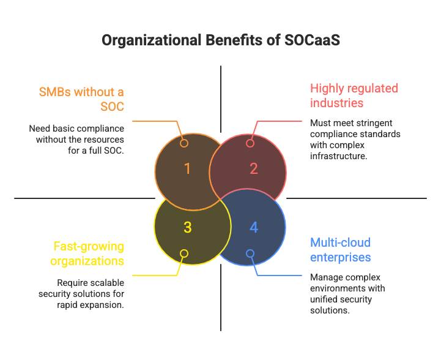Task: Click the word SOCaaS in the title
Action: [x=312, y=41]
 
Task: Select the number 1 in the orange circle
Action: [x=187, y=168]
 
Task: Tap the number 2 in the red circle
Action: [x=254, y=168]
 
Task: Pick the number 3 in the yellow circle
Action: [x=187, y=228]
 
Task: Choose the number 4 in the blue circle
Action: [x=254, y=228]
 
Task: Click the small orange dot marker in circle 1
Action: [x=184, y=143]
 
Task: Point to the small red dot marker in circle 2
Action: [x=250, y=143]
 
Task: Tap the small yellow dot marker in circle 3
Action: [x=184, y=253]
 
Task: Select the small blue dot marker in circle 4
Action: [x=250, y=253]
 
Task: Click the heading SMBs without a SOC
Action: [x=81, y=99]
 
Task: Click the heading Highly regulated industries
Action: [x=354, y=95]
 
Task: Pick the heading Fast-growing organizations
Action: [x=89, y=253]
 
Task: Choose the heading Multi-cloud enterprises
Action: [x=340, y=250]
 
